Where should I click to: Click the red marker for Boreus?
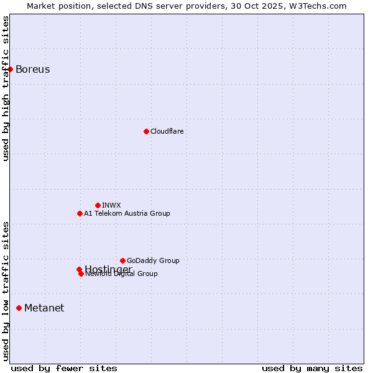click(x=11, y=69)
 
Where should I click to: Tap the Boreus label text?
click(x=32, y=69)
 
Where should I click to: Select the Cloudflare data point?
click(x=146, y=131)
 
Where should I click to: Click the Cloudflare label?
click(x=167, y=131)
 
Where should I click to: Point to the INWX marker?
click(x=98, y=205)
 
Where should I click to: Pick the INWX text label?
click(x=111, y=205)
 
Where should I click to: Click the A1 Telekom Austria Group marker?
click(x=80, y=213)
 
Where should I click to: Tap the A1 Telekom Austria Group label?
click(x=127, y=213)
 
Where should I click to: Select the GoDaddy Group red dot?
click(x=122, y=260)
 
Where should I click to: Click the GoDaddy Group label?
click(x=153, y=260)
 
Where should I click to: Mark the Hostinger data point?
click(x=79, y=269)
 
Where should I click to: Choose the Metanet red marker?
click(x=19, y=308)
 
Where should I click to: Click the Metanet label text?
click(x=44, y=308)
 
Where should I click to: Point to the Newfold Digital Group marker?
click(x=81, y=274)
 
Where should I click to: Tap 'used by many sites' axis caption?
click(x=312, y=368)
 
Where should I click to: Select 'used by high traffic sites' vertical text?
click(x=6, y=88)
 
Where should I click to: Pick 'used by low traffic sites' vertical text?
click(x=6, y=290)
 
